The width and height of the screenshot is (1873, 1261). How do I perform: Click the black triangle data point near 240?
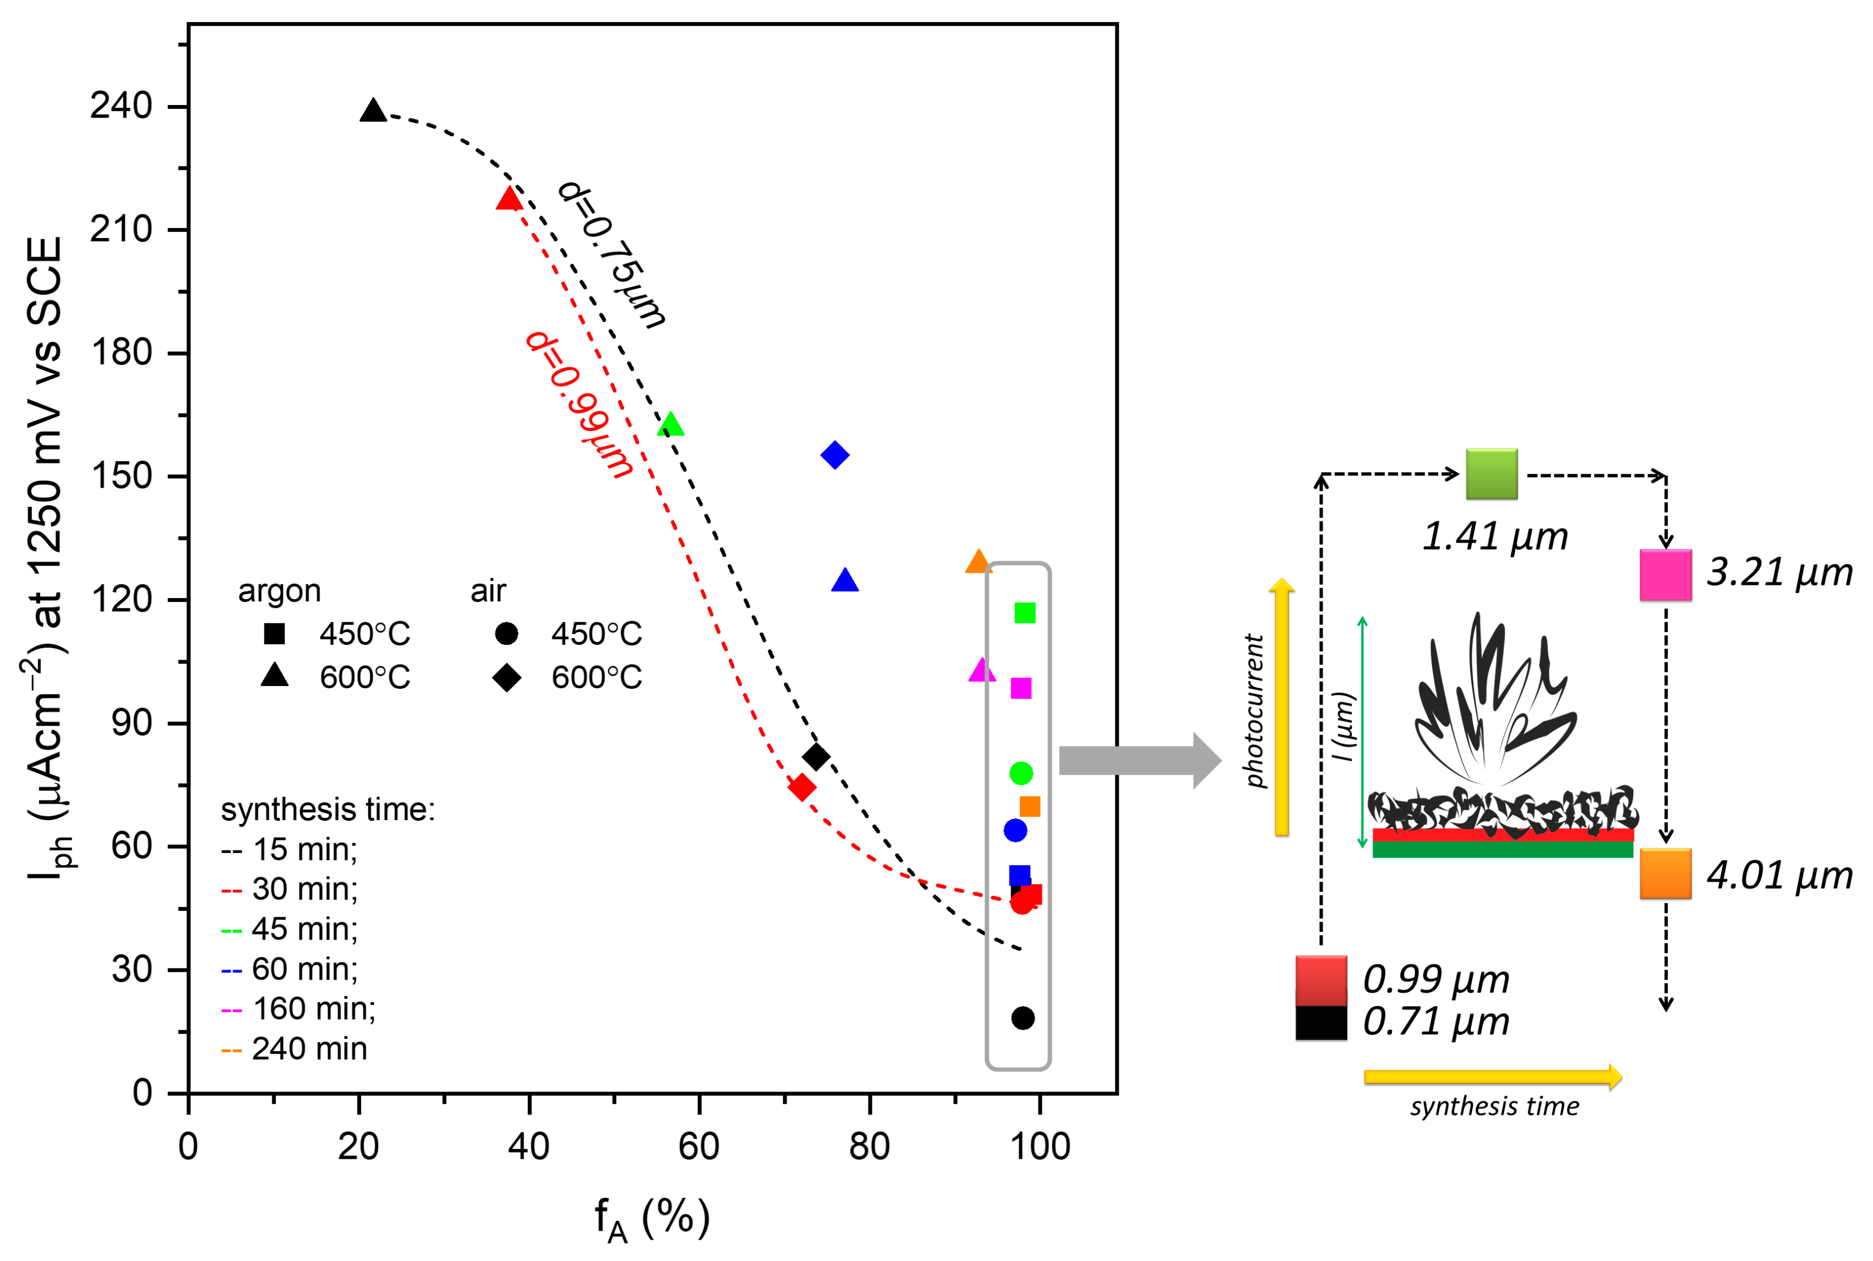(372, 112)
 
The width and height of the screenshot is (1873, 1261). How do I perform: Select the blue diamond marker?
(835, 455)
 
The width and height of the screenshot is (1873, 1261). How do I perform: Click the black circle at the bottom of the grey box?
(1022, 1018)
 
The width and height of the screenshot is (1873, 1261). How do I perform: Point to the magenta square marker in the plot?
(1020, 688)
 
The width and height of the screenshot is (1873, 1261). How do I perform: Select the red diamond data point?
(802, 787)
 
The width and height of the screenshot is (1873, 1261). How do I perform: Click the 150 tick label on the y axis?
(120, 476)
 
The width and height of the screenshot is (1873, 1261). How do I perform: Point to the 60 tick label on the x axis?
(698, 1146)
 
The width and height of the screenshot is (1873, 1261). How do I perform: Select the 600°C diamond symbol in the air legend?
(507, 677)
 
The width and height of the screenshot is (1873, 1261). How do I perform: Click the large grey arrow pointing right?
(1138, 760)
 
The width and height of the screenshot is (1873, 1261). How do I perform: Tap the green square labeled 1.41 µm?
(1491, 474)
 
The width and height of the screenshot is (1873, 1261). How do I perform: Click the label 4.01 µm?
(1779, 876)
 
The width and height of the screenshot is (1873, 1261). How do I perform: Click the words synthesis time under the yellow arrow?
(1494, 1107)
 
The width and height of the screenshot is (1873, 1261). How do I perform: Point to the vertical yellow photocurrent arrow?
(1282, 707)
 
